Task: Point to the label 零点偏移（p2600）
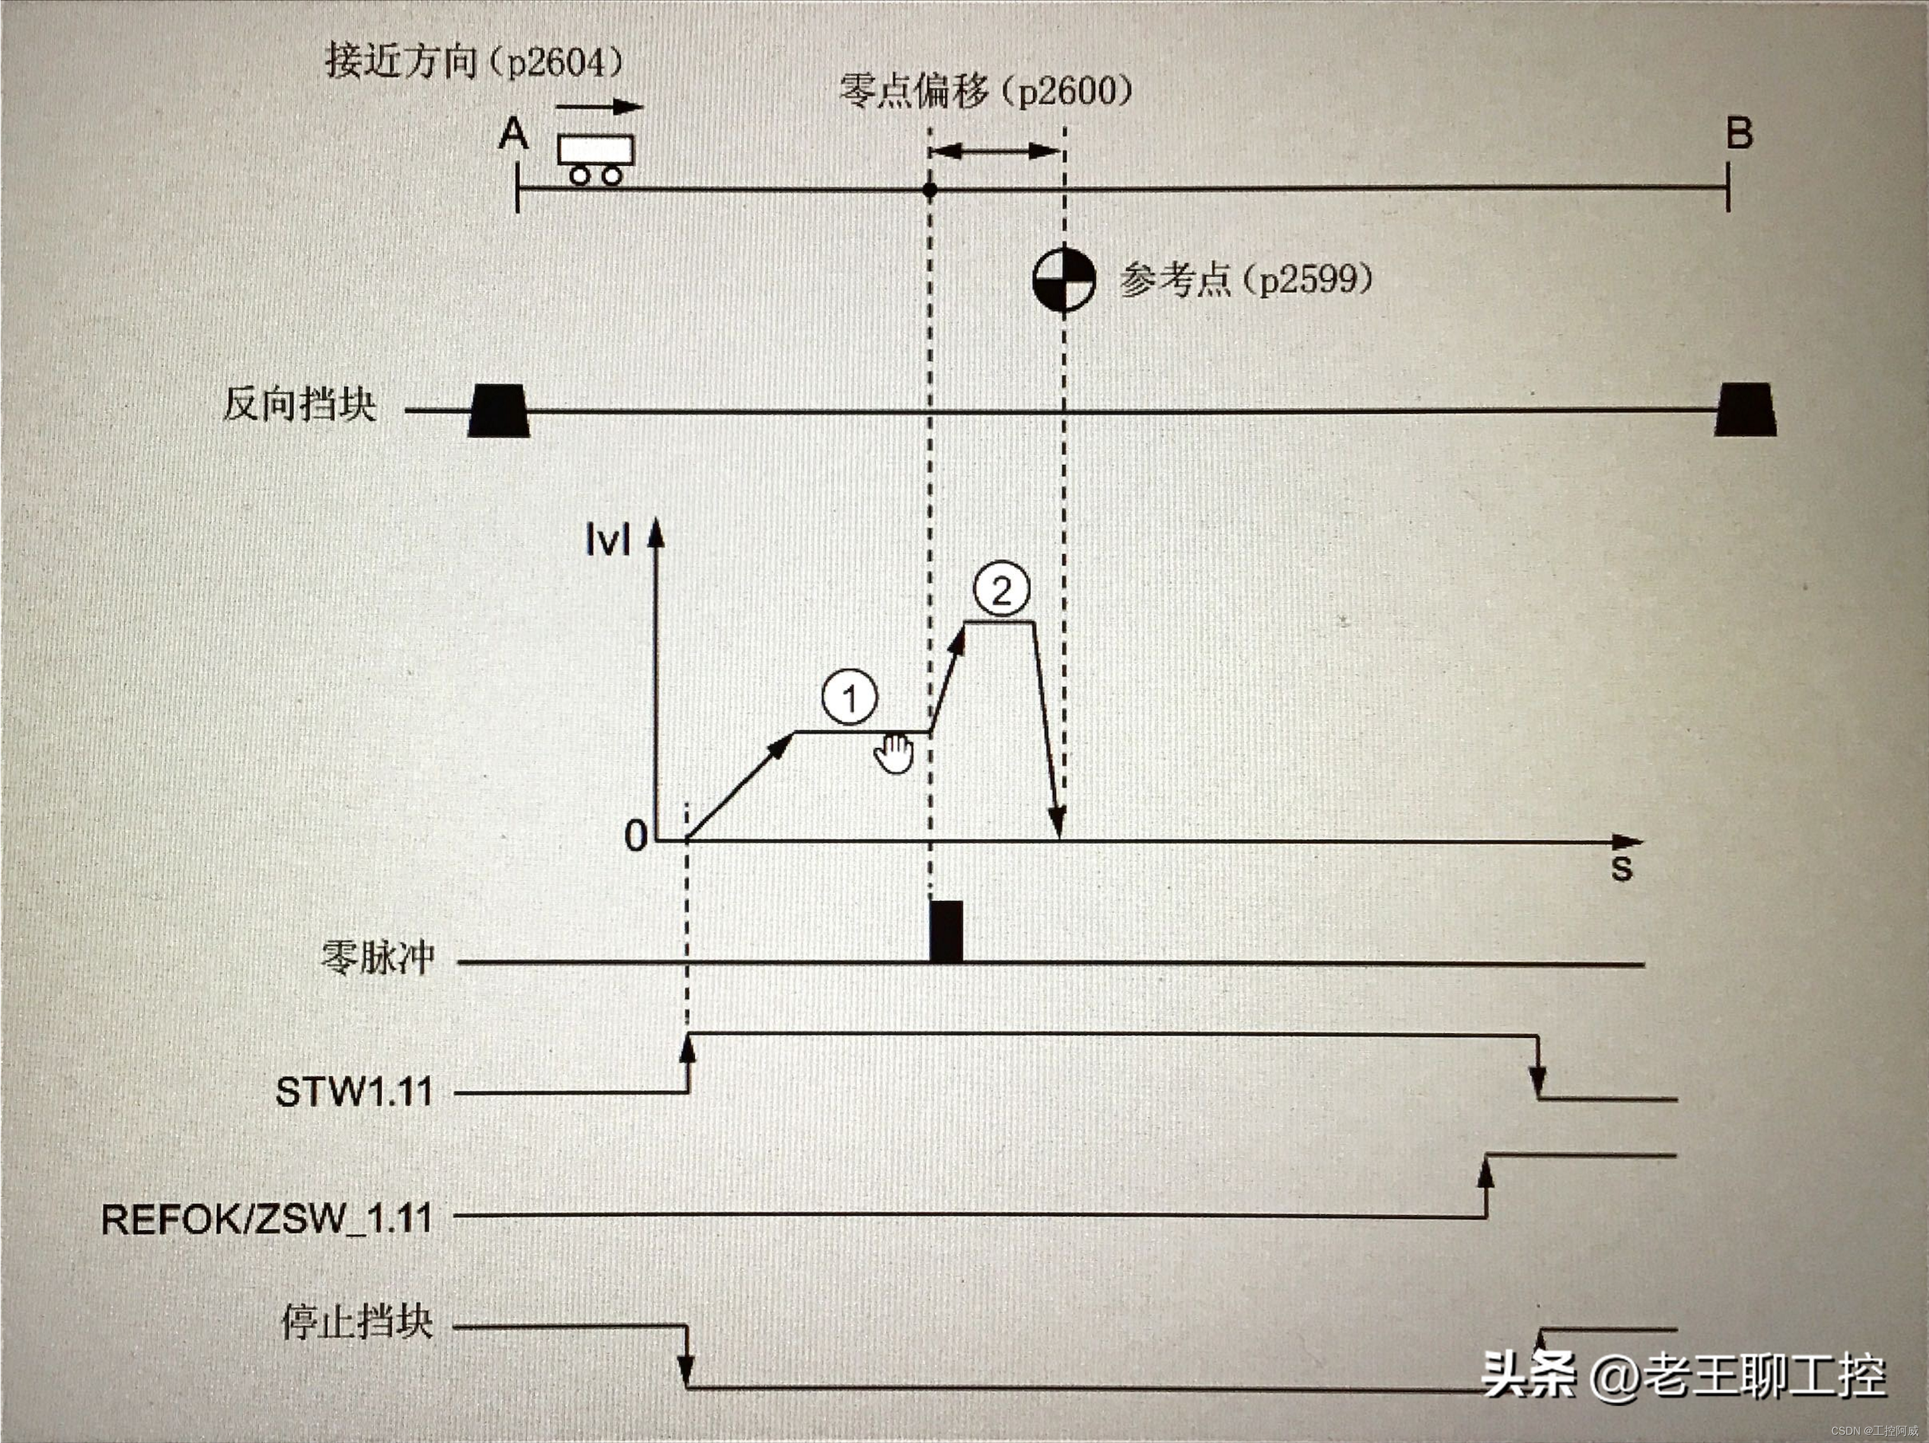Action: (x=985, y=91)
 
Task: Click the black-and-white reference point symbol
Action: (x=1064, y=280)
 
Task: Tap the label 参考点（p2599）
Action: (x=1246, y=280)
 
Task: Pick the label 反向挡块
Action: (x=299, y=404)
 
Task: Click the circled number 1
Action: (x=849, y=697)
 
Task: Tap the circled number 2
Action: (x=1001, y=590)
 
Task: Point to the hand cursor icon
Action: (x=894, y=753)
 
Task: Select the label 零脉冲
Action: (x=378, y=957)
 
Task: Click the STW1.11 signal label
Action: (x=354, y=1092)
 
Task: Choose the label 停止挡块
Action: (x=356, y=1322)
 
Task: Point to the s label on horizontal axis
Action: (x=1620, y=868)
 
